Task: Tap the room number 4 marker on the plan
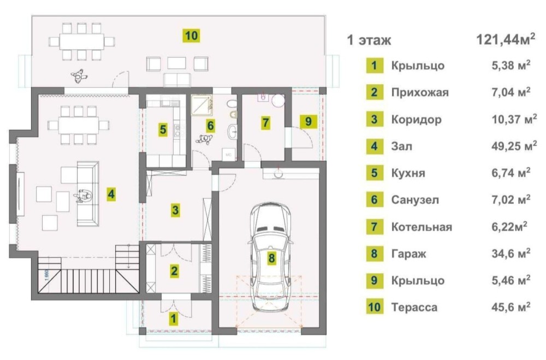111,194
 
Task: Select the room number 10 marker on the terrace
192,36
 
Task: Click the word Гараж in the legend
408,253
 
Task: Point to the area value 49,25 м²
514,146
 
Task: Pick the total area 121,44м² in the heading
505,39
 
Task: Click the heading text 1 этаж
369,40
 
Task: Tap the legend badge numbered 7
375,227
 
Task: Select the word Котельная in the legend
422,227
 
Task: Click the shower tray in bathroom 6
203,104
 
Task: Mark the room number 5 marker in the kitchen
163,129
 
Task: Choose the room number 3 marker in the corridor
175,210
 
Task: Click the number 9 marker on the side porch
308,121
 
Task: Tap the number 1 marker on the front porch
173,318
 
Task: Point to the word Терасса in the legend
414,308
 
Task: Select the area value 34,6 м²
511,253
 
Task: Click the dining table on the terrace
81,42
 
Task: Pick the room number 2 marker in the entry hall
174,271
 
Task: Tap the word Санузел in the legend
415,200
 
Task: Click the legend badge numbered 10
375,308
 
